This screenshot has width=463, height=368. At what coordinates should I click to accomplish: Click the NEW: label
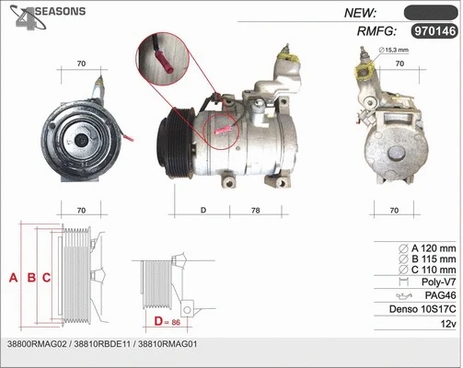coord(360,12)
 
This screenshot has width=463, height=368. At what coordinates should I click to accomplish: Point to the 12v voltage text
coord(446,325)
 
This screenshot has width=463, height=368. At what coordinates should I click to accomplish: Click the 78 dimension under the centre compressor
coord(256,211)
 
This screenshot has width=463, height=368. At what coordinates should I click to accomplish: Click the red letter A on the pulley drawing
coord(13,277)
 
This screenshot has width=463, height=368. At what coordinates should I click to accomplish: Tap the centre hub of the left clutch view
coord(80,141)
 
